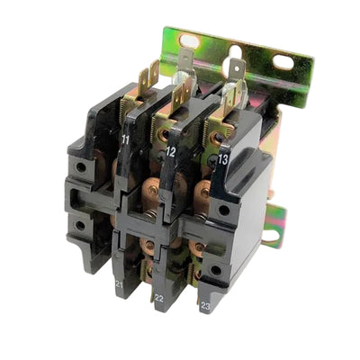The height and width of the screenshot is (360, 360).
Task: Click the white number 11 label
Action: (x=125, y=139)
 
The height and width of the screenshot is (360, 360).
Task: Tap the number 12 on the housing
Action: (x=170, y=152)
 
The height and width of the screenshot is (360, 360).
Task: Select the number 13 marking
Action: (x=223, y=160)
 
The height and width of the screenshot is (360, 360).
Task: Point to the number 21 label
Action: (x=119, y=284)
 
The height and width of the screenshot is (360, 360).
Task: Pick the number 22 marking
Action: (x=159, y=298)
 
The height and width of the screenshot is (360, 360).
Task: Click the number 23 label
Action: (x=205, y=306)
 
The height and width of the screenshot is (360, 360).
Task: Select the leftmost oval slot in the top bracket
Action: (x=189, y=40)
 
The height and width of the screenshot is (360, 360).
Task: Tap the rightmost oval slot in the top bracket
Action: (x=283, y=62)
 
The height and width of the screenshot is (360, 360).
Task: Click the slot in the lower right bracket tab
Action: (x=271, y=236)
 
